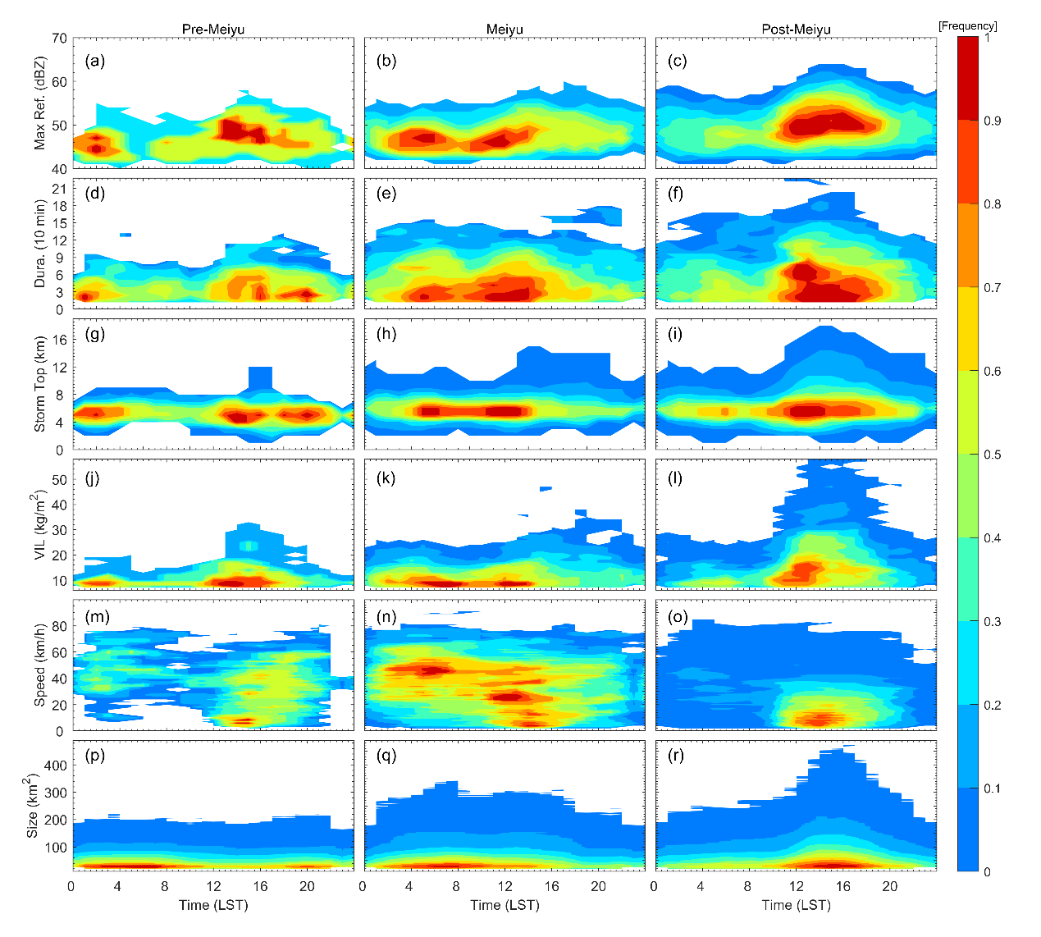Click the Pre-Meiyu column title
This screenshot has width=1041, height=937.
[x=213, y=30]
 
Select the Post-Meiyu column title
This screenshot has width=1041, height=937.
[x=796, y=30]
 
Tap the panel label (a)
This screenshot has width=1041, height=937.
[x=95, y=61]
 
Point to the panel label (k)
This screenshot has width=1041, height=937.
[x=386, y=478]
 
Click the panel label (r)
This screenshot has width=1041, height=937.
[x=677, y=755]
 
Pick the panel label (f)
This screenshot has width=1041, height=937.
[x=677, y=194]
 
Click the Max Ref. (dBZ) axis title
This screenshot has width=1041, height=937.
[x=39, y=103]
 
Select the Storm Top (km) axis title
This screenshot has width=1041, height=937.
[x=39, y=383]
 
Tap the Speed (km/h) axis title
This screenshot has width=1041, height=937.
[x=39, y=665]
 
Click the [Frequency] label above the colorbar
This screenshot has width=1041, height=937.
[x=968, y=26]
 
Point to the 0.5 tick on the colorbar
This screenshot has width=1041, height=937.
[x=992, y=455]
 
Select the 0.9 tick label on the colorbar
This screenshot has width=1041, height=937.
[x=992, y=121]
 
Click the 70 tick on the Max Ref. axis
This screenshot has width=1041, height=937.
[x=59, y=38]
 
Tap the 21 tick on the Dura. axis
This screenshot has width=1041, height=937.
[x=59, y=190]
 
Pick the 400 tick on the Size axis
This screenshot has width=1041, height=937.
[x=56, y=766]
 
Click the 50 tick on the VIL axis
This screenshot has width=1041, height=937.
[x=59, y=480]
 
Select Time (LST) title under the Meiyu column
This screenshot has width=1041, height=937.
[x=505, y=905]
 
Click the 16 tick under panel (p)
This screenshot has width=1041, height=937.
[x=260, y=886]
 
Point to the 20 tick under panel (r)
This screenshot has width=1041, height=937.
[x=889, y=886]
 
